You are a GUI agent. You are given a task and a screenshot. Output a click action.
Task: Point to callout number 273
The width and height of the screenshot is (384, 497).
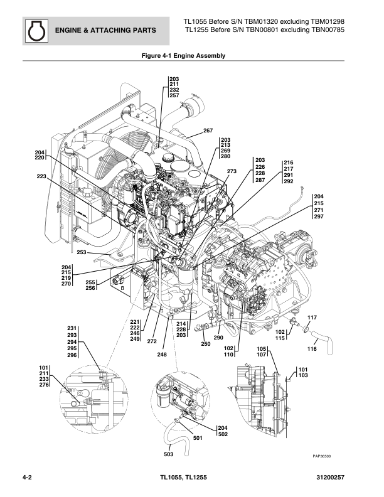coord(232,171)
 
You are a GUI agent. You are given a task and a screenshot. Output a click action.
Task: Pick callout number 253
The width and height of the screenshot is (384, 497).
coord(82,252)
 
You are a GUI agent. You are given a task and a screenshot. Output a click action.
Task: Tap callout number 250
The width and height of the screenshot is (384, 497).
coord(205,343)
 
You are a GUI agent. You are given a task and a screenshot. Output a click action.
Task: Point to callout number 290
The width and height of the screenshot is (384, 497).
coord(218,338)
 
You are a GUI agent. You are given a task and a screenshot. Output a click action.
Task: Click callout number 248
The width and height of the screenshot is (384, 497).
coord(162,355)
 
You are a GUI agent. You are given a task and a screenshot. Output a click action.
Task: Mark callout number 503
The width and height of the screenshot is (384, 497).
coord(169,454)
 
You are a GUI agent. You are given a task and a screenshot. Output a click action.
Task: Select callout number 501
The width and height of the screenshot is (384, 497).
coord(198,438)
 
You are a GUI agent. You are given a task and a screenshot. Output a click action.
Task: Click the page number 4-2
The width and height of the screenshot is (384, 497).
coord(27,479)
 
